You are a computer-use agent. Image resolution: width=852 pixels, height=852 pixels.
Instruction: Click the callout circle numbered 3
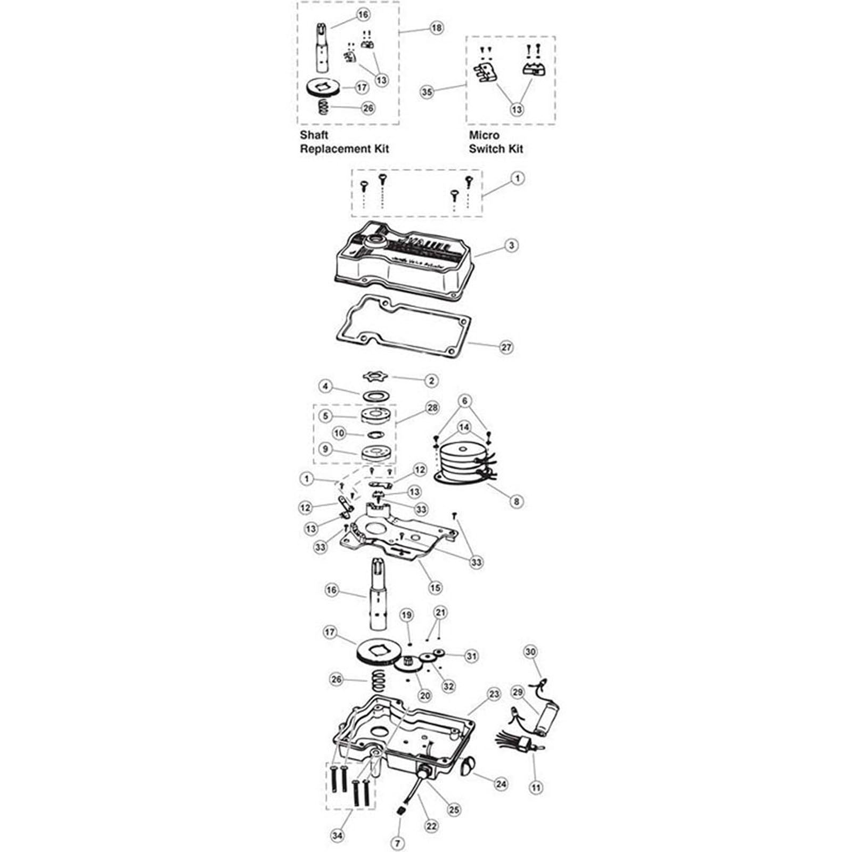pyautogui.click(x=511, y=246)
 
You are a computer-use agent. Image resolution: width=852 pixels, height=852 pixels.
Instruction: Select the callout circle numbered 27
pyautogui.click(x=506, y=347)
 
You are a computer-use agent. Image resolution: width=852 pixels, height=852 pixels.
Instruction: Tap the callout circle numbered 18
pyautogui.click(x=436, y=28)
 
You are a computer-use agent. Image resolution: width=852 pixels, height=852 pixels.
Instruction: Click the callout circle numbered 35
pyautogui.click(x=427, y=92)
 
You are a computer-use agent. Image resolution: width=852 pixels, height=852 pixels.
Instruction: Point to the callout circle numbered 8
pyautogui.click(x=515, y=501)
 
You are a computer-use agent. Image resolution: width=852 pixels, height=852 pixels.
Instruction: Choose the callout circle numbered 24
pyautogui.click(x=501, y=783)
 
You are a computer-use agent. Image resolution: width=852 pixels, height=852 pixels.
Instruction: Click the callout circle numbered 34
pyautogui.click(x=338, y=835)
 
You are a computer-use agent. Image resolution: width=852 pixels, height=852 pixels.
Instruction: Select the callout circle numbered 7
pyautogui.click(x=398, y=843)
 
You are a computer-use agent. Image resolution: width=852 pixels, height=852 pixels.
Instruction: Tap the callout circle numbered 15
pyautogui.click(x=435, y=588)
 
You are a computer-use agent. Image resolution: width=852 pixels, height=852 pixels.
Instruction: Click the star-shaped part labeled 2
pyautogui.click(x=376, y=377)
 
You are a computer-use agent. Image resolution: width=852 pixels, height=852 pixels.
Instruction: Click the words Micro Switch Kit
pyautogui.click(x=496, y=142)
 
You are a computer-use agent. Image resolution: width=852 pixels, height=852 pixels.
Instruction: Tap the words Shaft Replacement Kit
pyautogui.click(x=344, y=142)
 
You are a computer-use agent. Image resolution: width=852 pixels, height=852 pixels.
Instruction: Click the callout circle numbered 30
pyautogui.click(x=531, y=652)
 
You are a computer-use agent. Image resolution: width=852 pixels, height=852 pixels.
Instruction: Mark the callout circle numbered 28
pyautogui.click(x=432, y=408)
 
